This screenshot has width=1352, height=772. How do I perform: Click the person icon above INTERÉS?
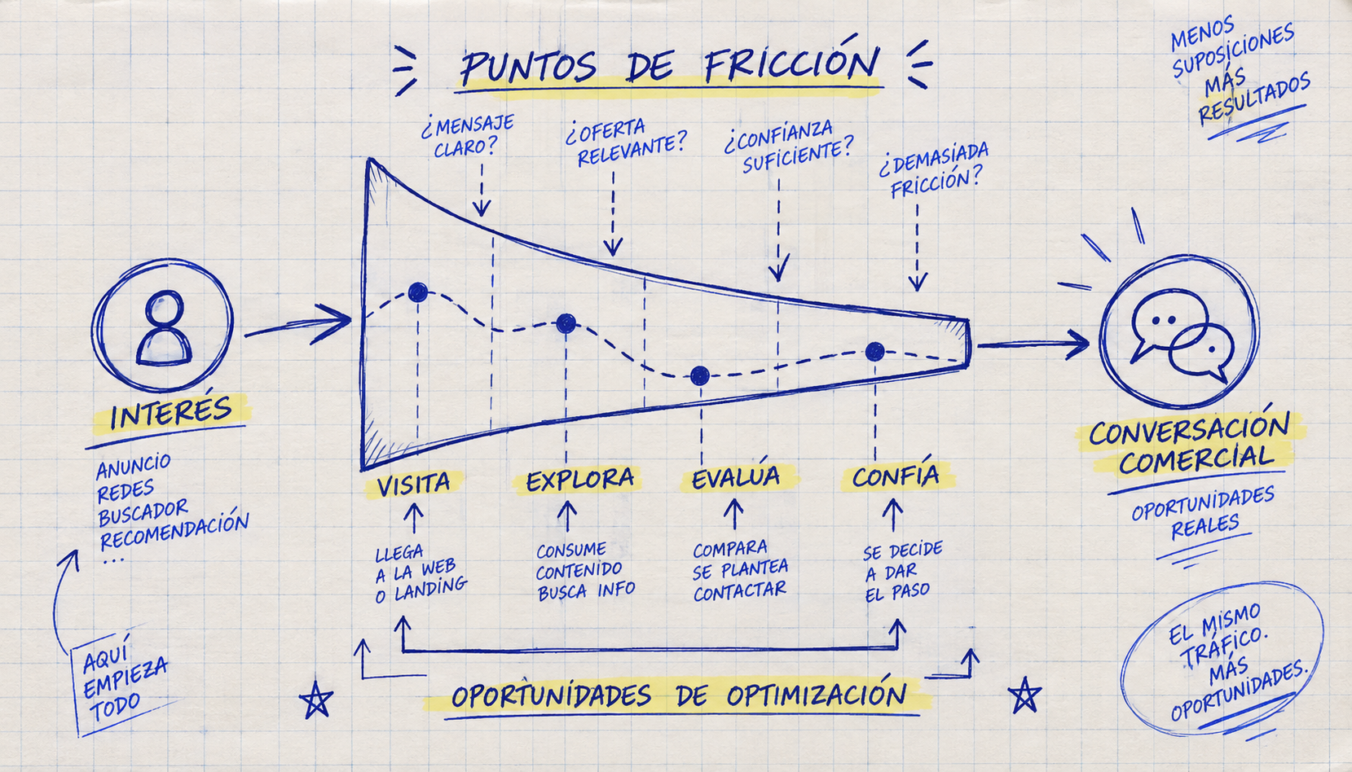point(163,329)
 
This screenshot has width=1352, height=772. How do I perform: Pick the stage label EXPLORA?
point(580,480)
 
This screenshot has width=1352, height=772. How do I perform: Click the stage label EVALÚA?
point(735,478)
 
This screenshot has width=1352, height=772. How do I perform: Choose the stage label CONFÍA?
point(896,476)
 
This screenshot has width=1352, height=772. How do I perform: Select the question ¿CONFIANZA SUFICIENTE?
point(787,147)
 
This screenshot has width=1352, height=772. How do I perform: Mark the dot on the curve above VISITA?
point(418,292)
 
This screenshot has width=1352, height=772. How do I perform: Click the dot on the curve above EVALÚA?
point(699,375)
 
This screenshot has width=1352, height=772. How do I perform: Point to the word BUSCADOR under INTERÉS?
point(143,511)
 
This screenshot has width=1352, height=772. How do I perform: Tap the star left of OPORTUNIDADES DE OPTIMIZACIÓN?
point(315,700)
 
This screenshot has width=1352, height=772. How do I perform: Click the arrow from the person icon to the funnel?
point(297,324)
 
